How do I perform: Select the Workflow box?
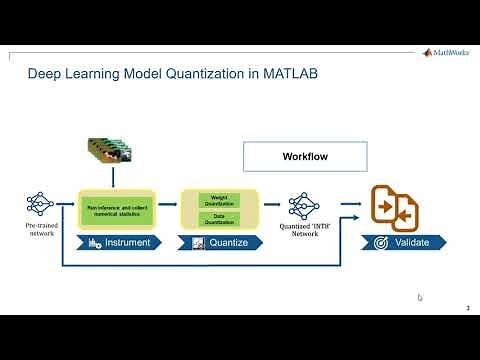click(305, 157)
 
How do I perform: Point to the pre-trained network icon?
click(40, 206)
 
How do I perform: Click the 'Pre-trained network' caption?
click(40, 232)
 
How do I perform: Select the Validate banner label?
click(411, 243)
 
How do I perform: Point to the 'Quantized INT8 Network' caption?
click(302, 231)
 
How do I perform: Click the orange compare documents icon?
click(395, 208)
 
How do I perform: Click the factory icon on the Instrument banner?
click(96, 243)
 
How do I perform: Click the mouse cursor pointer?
click(420, 297)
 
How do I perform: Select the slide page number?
click(469, 307)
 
